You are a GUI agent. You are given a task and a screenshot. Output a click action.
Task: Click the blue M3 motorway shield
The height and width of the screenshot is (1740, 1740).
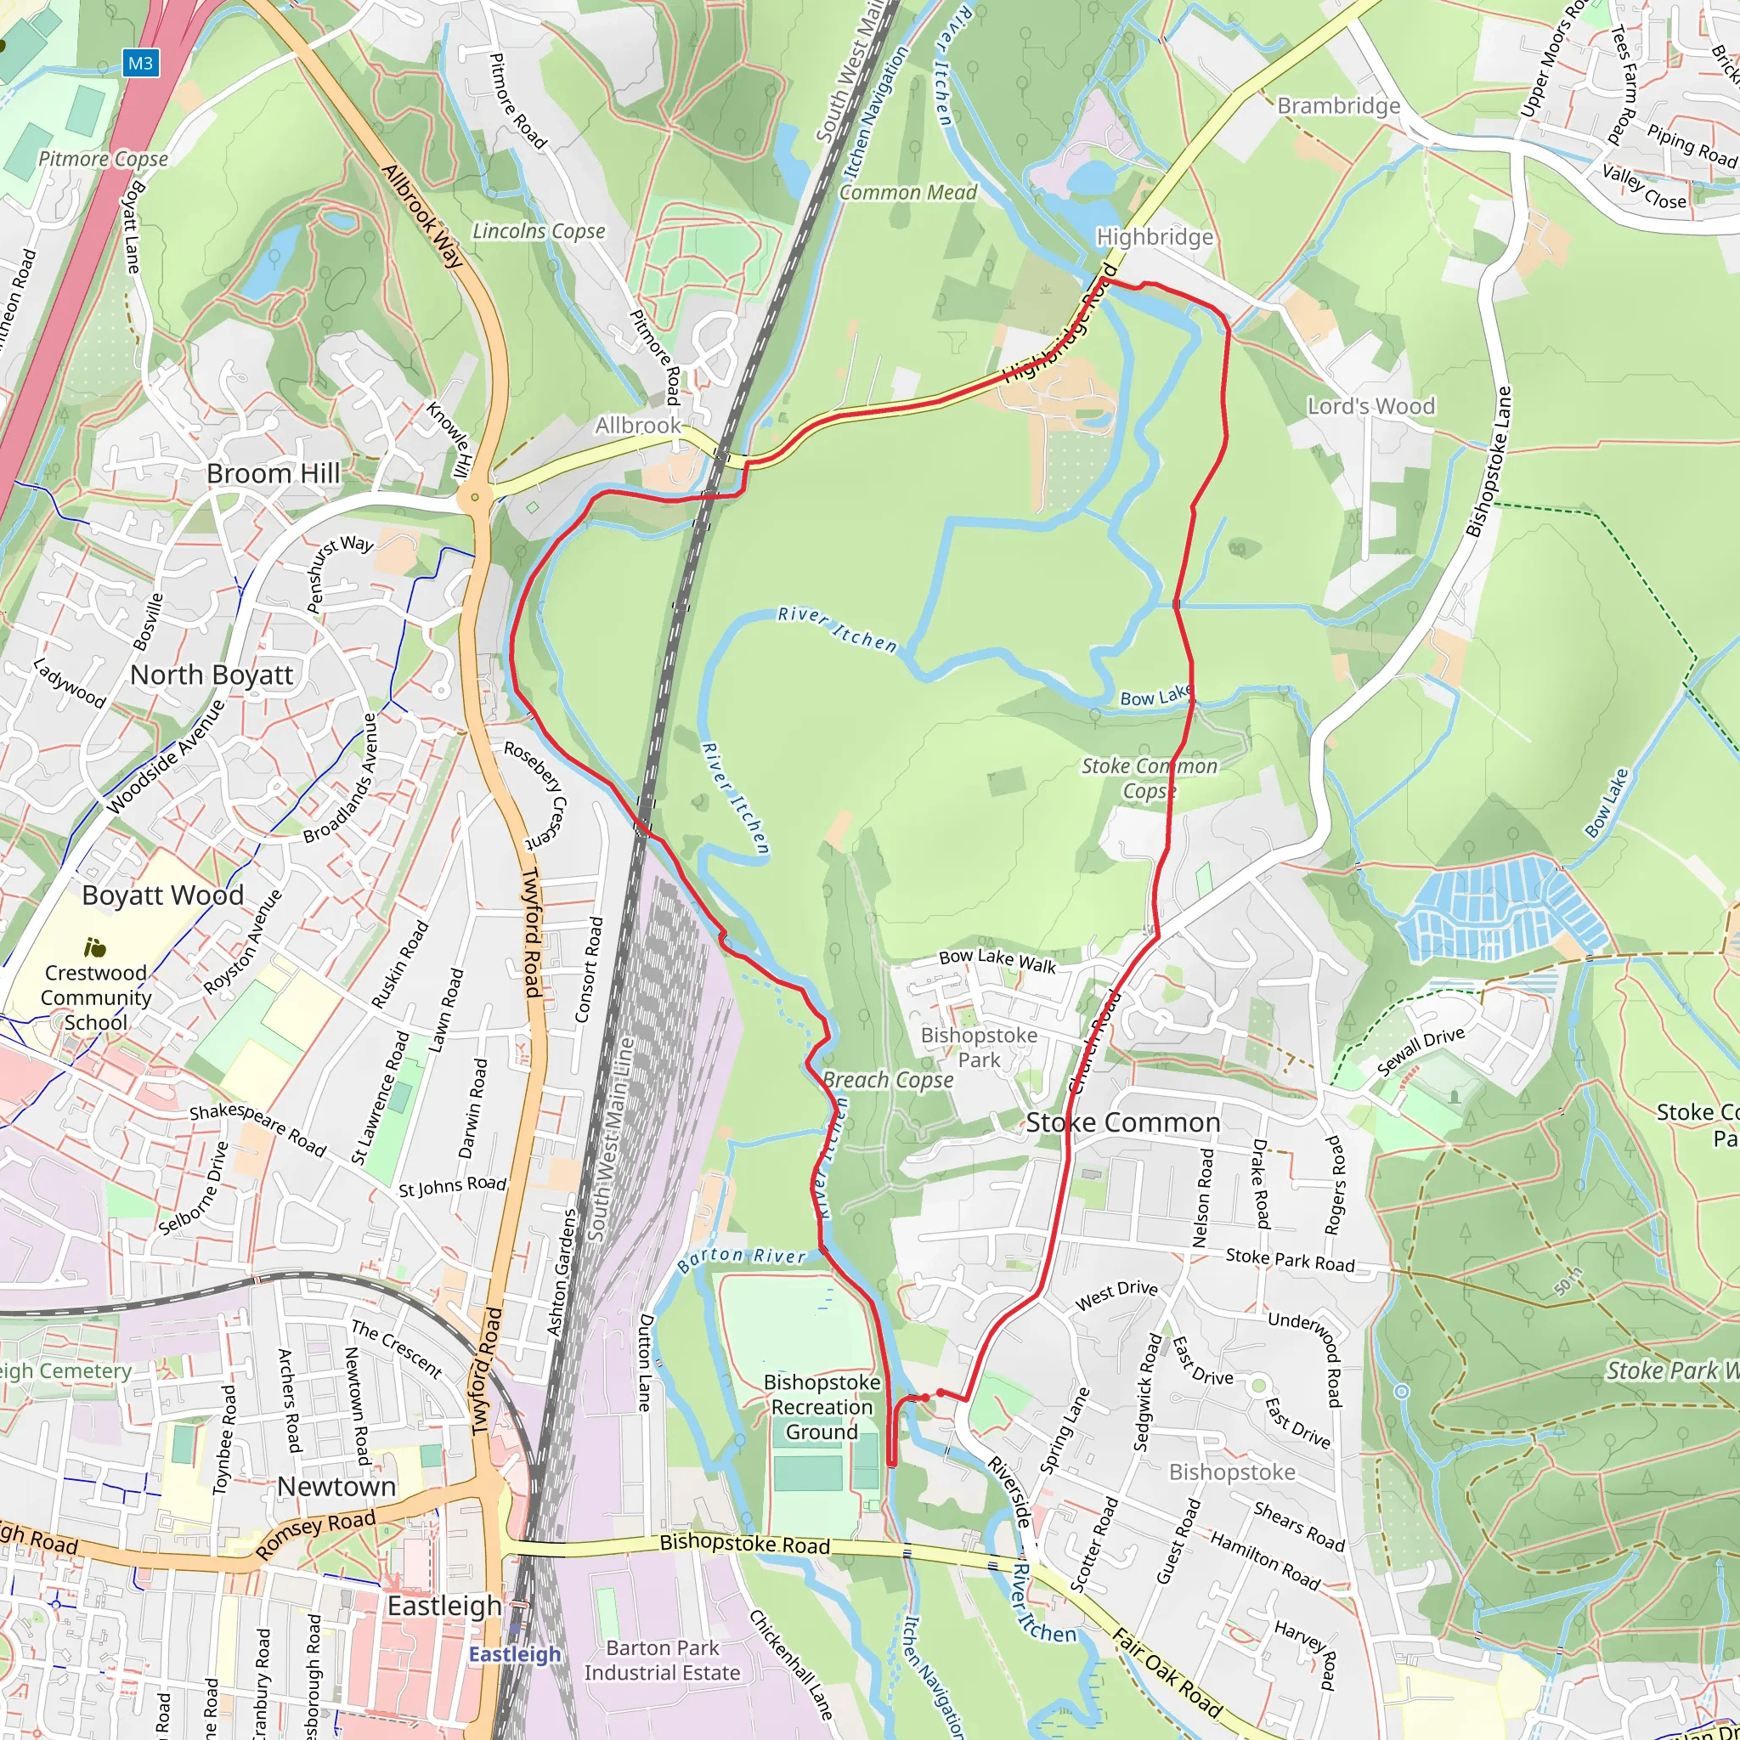pyautogui.click(x=140, y=63)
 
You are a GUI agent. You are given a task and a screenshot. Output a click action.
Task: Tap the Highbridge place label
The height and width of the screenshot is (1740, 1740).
pyautogui.click(x=1155, y=237)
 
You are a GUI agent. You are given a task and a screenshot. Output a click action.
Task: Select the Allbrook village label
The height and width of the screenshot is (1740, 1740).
pyautogui.click(x=638, y=424)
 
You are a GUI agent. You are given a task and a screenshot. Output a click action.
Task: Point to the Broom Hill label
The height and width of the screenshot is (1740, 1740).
pyautogui.click(x=273, y=473)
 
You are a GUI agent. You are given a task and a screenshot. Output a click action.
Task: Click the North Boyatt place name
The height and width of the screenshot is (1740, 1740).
pyautogui.click(x=212, y=675)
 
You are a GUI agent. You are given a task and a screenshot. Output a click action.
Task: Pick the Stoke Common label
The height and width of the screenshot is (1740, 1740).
pyautogui.click(x=1123, y=1122)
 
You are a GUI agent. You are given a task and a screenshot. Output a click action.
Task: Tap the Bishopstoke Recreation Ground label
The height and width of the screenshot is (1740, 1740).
pyautogui.click(x=822, y=1407)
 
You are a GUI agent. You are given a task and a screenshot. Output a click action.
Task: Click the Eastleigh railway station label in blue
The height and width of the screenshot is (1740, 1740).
pyautogui.click(x=514, y=1654)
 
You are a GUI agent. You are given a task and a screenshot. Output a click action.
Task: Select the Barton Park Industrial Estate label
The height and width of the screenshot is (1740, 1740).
pyautogui.click(x=662, y=1660)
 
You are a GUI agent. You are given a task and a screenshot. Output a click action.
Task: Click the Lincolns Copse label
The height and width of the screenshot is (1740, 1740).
pyautogui.click(x=539, y=231)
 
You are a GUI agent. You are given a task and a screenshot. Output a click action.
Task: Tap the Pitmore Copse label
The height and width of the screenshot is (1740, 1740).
pyautogui.click(x=103, y=160)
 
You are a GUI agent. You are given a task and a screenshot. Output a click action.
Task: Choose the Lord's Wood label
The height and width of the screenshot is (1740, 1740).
pyautogui.click(x=1370, y=406)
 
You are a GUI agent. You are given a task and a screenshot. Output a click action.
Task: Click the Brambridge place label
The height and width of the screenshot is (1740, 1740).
pyautogui.click(x=1338, y=106)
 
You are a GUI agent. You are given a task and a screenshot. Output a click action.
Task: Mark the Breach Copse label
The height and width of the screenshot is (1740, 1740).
pyautogui.click(x=888, y=1080)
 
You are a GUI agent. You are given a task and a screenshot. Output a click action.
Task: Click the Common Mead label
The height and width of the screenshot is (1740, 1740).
pyautogui.click(x=908, y=192)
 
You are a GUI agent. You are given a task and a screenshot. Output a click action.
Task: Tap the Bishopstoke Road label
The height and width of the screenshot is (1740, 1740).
pyautogui.click(x=745, y=1545)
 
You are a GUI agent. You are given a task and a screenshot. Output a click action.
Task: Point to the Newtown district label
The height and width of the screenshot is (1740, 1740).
pyautogui.click(x=336, y=1486)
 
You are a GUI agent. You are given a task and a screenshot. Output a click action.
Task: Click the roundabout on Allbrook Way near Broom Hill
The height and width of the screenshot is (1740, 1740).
pyautogui.click(x=475, y=496)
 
